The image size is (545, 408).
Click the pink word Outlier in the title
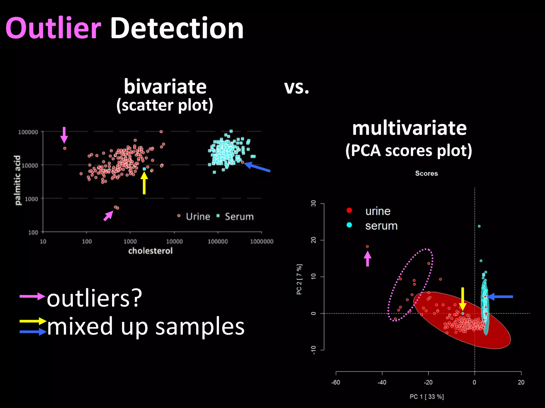click(53, 28)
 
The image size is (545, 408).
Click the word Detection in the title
click(177, 28)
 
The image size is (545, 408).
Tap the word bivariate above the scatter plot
click(165, 87)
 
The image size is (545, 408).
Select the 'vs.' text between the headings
click(296, 87)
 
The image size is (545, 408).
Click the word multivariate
click(409, 128)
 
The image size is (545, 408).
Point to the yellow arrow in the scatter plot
click(144, 183)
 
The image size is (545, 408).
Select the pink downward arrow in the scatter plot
click(64, 135)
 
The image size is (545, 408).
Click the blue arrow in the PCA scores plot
click(500, 297)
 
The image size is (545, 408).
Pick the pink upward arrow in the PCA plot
click(368, 259)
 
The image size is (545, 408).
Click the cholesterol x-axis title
click(150, 251)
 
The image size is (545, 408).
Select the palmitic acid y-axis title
click(18, 180)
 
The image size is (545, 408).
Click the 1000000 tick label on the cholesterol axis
click(262, 241)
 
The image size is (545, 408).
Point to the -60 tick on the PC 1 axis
click(336, 382)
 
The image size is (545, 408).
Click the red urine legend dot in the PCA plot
click(349, 210)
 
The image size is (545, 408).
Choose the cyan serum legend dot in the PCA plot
click(349, 225)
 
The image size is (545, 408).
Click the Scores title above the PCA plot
click(426, 173)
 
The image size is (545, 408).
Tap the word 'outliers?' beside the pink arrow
click(94, 299)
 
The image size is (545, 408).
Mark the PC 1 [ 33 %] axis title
click(427, 397)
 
